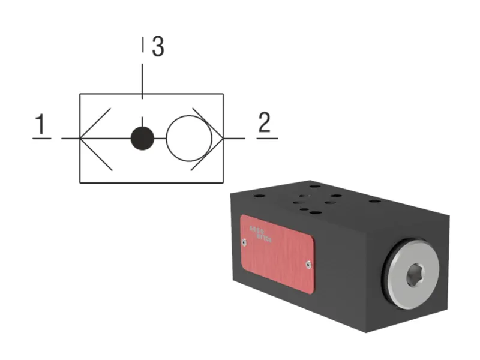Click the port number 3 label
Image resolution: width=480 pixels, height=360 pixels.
point(158,47)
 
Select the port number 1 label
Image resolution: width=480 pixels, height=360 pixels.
point(41,125)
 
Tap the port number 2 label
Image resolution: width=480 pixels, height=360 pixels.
point(264,123)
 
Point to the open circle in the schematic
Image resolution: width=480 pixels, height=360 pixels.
point(185,139)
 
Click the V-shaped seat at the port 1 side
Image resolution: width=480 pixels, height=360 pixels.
point(96,139)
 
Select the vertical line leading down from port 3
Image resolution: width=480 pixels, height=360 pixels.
point(142,78)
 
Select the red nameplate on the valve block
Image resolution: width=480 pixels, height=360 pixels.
point(277,254)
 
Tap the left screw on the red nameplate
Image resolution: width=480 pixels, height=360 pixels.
point(244,242)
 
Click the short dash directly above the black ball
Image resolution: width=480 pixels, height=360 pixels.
point(142,121)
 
